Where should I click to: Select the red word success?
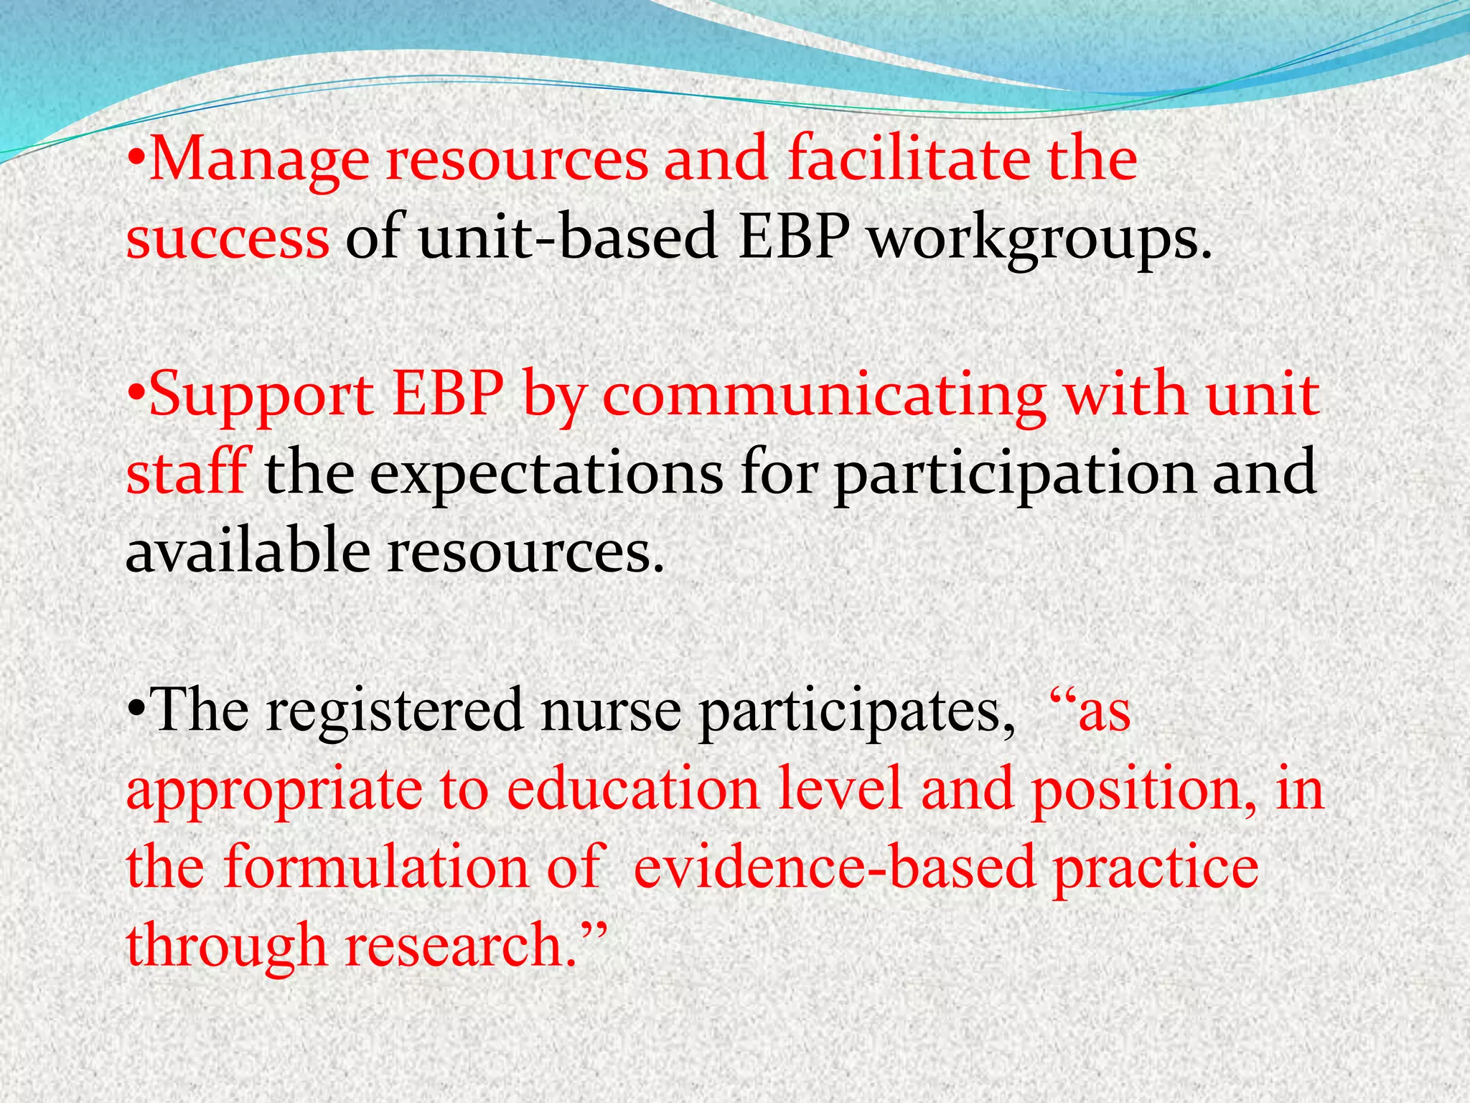pos(228,238)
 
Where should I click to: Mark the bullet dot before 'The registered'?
pos(137,712)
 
